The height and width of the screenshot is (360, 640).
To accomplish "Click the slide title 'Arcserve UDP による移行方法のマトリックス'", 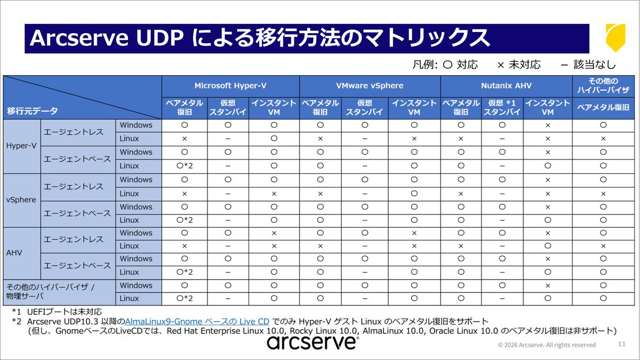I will (x=260, y=38).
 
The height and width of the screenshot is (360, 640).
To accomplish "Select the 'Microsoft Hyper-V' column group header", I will (x=230, y=85).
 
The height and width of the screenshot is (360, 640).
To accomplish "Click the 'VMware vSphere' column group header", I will (x=370, y=85).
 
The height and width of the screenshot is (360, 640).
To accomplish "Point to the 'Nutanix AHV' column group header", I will (x=506, y=85).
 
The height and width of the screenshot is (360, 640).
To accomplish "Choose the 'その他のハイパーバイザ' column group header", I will (x=603, y=85).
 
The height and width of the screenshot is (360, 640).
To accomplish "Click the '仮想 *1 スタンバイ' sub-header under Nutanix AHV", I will (x=502, y=107).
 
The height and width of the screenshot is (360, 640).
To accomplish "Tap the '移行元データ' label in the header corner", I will (x=32, y=111).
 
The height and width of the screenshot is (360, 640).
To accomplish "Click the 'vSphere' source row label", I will (x=21, y=200).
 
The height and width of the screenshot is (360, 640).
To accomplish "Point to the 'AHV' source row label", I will (x=14, y=253).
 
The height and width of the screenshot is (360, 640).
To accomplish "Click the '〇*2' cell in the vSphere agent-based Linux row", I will (x=184, y=220).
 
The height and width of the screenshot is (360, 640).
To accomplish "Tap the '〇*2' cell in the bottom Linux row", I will (x=184, y=299).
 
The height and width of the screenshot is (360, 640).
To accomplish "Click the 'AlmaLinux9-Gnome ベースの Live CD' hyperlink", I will (x=197, y=322).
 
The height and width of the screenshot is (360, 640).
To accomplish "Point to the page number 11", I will (x=621, y=344).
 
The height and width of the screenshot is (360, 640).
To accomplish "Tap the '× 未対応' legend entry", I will (x=518, y=65).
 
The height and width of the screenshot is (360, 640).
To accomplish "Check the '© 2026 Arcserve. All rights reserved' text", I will (x=547, y=345).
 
